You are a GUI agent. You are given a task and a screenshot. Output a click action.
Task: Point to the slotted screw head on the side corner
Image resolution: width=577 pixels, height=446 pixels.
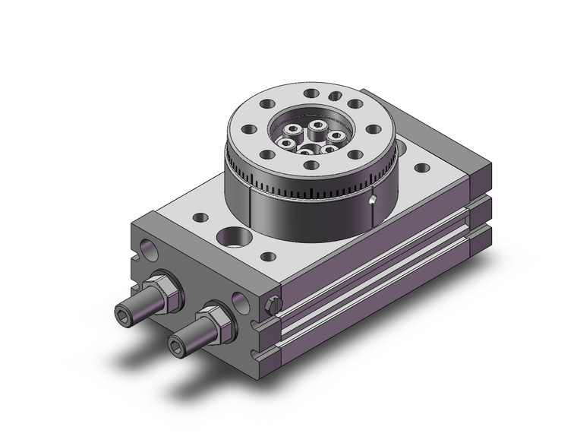(274, 306)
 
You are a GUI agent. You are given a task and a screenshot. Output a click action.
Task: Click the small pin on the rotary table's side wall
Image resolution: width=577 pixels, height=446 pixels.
(371, 201)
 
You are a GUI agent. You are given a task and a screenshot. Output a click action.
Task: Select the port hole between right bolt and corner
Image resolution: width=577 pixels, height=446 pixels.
(240, 301)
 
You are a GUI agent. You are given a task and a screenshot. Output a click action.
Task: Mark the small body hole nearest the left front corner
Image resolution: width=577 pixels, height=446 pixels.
(200, 218)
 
